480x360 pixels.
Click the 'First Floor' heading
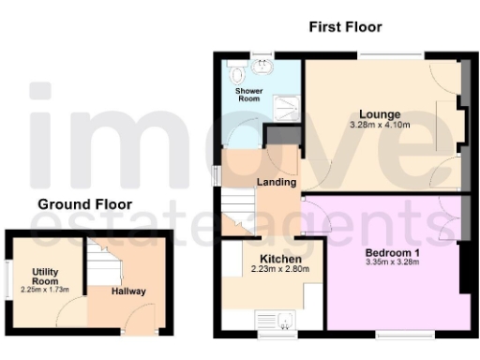[345, 27]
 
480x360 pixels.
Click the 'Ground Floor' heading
[84, 204]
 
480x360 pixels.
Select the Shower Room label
[248, 96]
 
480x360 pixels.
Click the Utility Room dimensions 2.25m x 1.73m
[45, 291]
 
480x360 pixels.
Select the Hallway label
[128, 292]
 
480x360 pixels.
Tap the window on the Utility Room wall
[7, 277]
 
